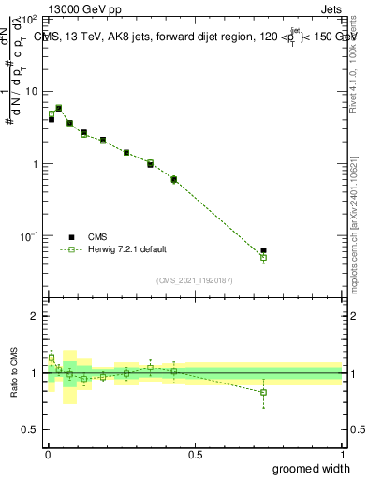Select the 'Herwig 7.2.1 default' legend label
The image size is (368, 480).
pos(127,249)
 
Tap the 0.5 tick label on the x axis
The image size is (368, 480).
pos(195,454)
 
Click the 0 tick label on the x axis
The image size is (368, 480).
pos(47,454)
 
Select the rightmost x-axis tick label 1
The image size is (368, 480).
pos(342,454)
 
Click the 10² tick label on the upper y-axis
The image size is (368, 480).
pos(28,19)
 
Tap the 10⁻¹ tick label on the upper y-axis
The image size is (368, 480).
pos(28,236)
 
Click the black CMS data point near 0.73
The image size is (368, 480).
pos(264,250)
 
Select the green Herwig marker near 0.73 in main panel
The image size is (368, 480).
pos(264,257)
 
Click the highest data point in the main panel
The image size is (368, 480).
pos(59,108)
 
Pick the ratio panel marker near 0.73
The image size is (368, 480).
pos(264,392)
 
